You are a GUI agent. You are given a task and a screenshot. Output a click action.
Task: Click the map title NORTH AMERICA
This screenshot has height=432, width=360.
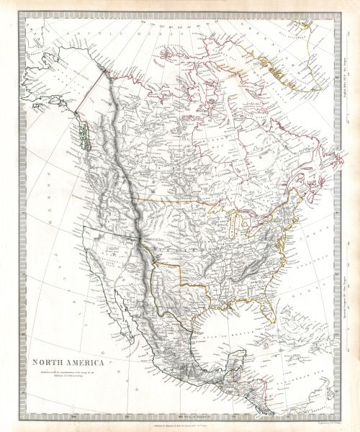coord(66,362)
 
